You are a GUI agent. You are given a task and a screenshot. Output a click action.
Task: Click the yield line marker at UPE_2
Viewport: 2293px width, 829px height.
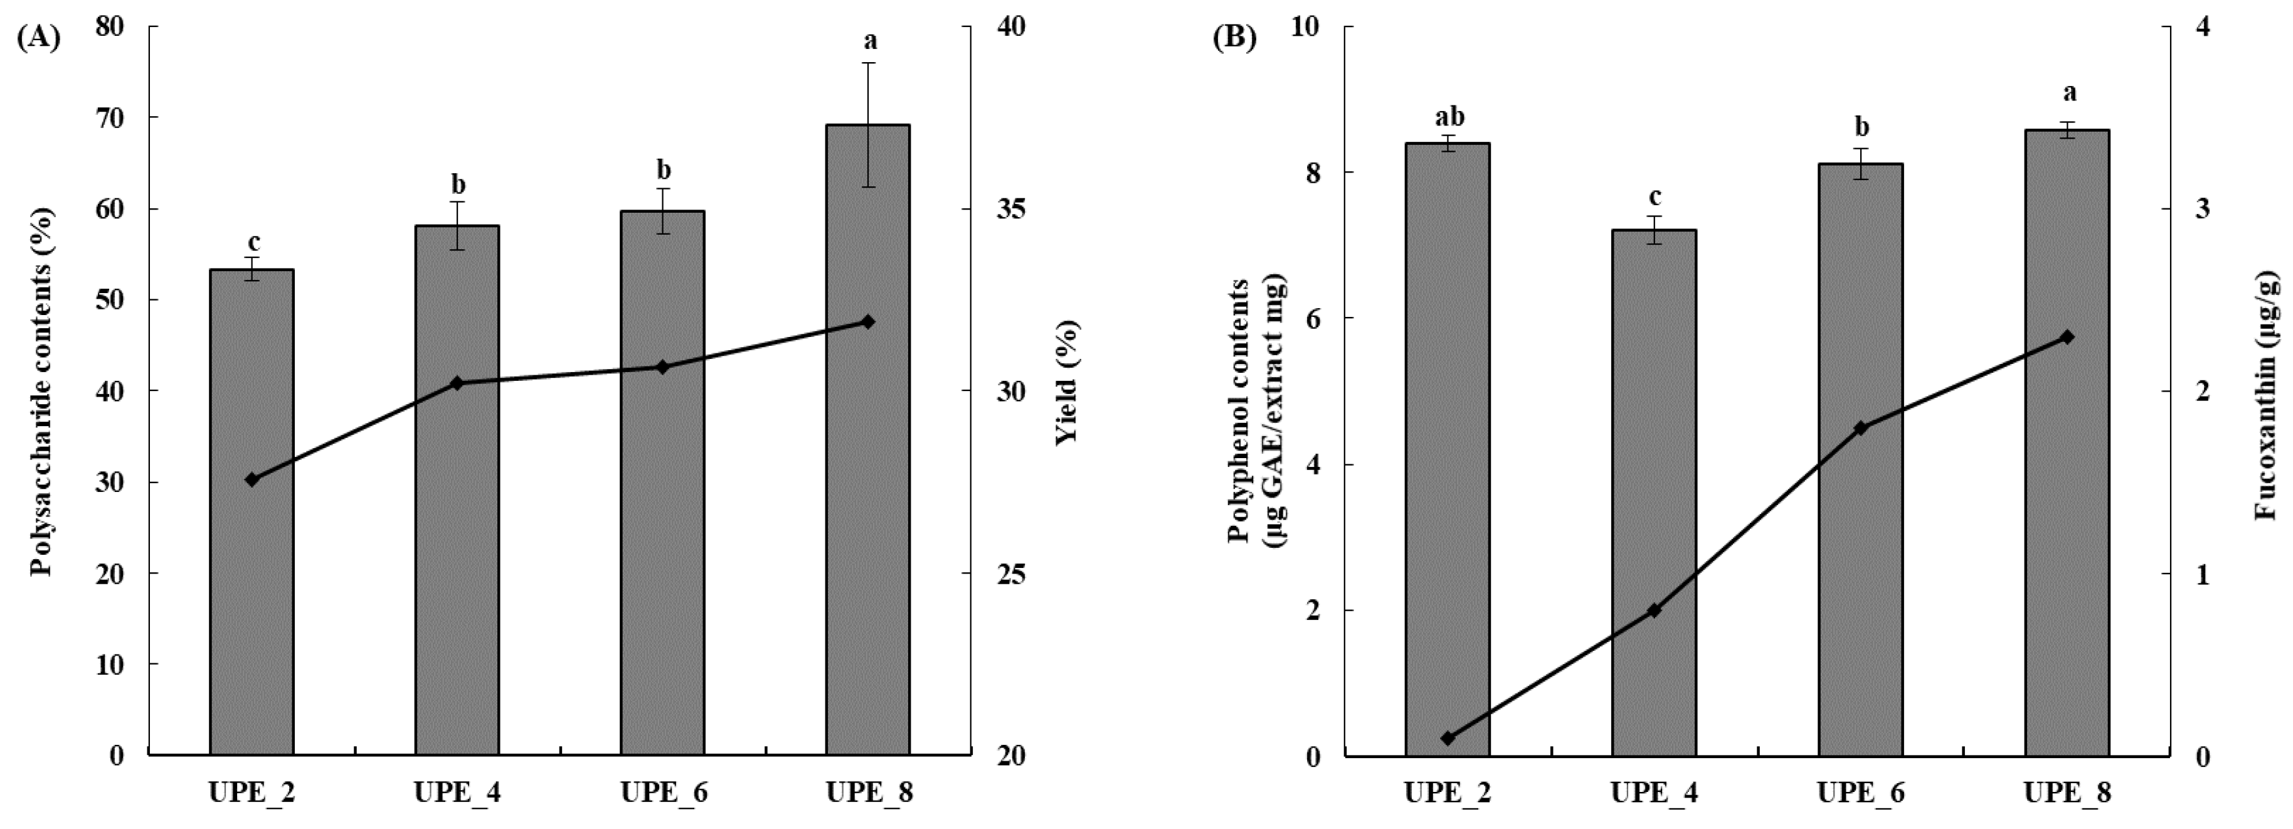[252, 479]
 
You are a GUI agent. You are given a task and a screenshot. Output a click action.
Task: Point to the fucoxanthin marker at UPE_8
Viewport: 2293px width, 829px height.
[2067, 336]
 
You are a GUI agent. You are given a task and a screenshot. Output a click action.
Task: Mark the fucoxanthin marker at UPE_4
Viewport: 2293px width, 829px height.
[1654, 611]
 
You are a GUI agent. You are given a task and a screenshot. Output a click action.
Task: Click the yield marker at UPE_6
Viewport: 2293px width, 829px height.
[662, 367]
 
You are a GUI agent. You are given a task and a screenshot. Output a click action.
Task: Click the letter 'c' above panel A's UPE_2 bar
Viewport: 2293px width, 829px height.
[253, 242]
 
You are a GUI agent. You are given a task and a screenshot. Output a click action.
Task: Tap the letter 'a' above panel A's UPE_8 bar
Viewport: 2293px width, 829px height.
[870, 40]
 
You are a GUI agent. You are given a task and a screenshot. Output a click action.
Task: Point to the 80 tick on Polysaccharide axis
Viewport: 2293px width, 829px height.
[110, 27]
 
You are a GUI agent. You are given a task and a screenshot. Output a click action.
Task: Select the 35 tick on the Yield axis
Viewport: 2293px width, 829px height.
[1012, 209]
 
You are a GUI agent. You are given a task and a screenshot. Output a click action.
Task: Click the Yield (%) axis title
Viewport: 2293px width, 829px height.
[1067, 383]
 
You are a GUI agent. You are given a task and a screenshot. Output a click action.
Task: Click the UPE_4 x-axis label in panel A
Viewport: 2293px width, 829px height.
[457, 791]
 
